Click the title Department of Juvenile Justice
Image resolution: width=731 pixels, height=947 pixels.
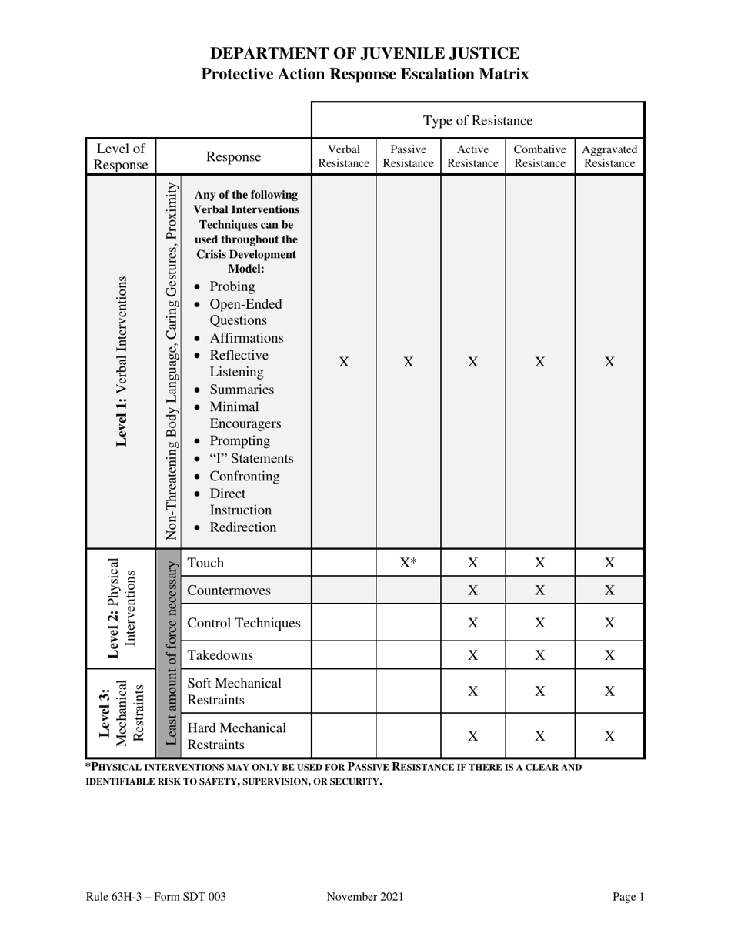pos(365,53)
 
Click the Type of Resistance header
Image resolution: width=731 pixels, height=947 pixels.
pos(478,120)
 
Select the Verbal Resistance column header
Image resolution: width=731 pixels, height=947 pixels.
pos(344,156)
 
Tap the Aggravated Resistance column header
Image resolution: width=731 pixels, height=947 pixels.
pos(609,156)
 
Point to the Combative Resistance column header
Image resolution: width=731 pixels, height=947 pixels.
pos(540,156)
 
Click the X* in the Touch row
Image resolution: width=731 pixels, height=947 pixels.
pos(409,563)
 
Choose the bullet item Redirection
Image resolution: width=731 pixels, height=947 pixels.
pos(242,527)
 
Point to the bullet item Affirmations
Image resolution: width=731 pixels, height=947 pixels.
pos(246,338)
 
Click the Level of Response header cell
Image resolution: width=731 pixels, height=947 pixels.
pos(120,156)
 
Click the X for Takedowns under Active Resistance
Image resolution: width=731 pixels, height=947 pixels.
pos(473,655)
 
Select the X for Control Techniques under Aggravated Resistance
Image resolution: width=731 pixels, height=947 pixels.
pos(609,623)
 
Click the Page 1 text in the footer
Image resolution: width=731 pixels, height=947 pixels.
pos(628,896)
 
